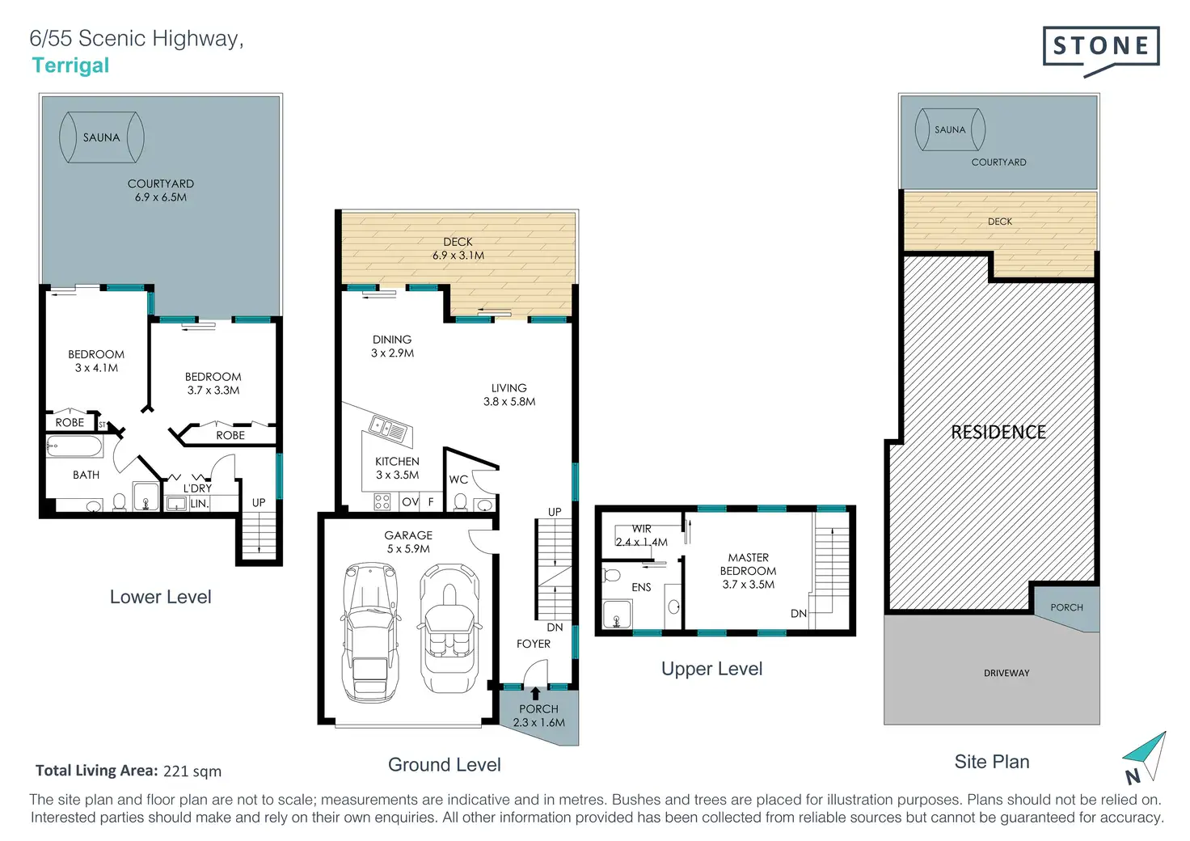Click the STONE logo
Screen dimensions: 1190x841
[1101, 51]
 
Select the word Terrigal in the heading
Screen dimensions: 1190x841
[70, 66]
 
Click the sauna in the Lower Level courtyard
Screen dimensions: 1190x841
[102, 137]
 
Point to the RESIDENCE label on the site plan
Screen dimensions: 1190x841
[998, 432]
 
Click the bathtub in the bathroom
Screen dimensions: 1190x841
[74, 447]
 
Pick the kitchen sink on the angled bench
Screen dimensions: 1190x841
[388, 429]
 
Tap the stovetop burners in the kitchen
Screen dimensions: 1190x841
[382, 502]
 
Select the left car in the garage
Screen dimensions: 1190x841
[371, 632]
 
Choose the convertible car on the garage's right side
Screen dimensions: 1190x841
[449, 628]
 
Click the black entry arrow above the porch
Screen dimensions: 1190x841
[535, 693]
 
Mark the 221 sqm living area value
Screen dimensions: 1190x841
[192, 771]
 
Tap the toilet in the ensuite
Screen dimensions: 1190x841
[612, 576]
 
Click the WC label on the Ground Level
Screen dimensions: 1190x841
[458, 480]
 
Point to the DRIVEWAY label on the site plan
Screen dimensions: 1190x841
[1006, 673]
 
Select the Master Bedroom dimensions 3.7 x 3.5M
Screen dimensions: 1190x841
[748, 585]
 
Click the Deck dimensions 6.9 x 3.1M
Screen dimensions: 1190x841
[458, 256]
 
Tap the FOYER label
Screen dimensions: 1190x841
[534, 644]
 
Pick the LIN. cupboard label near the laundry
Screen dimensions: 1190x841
[200, 504]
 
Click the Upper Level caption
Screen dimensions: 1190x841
[712, 669]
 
